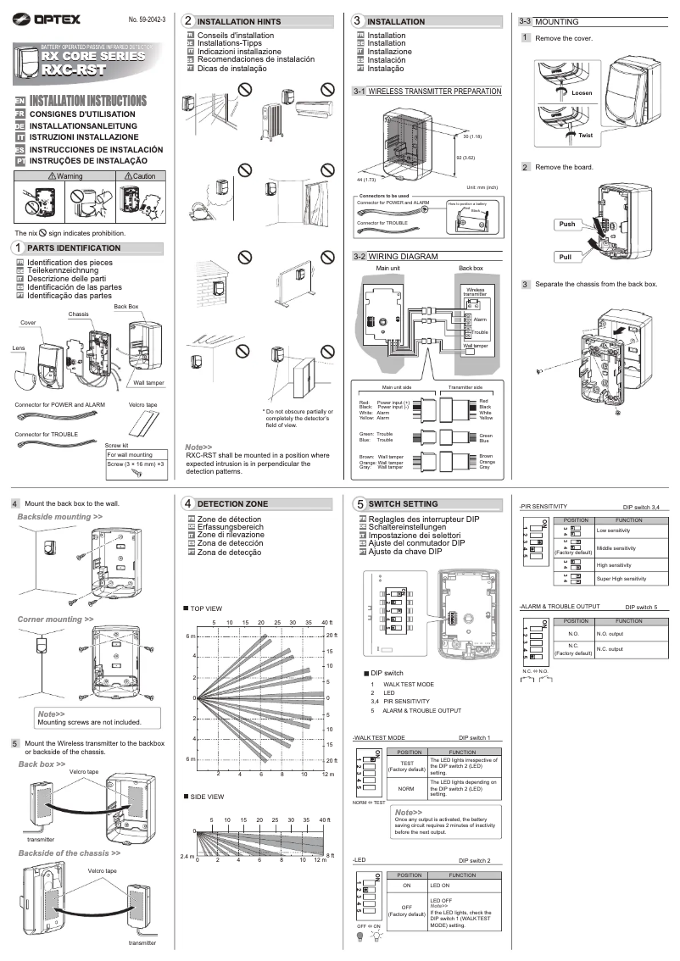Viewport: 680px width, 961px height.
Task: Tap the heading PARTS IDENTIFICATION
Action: [74, 247]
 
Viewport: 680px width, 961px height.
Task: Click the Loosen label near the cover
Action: [583, 92]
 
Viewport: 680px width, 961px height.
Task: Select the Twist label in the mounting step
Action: [585, 135]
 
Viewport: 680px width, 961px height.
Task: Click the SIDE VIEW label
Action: [207, 797]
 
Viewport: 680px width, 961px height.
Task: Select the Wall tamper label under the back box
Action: [148, 383]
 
